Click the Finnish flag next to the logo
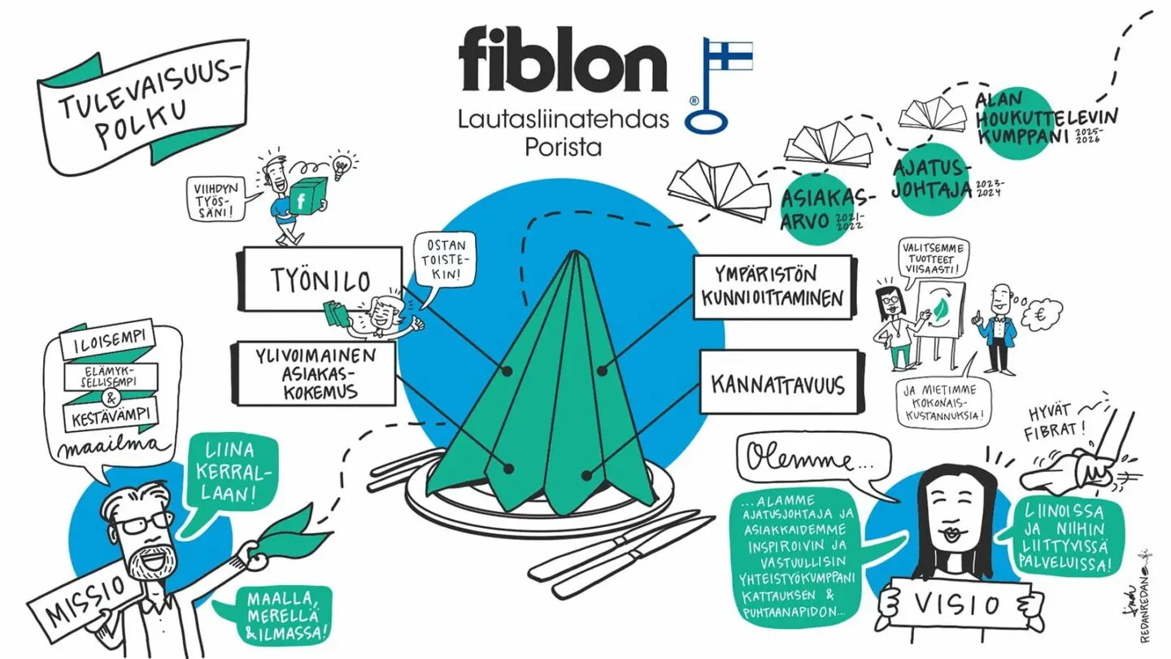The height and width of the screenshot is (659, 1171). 729,55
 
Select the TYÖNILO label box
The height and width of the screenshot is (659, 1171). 319,279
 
